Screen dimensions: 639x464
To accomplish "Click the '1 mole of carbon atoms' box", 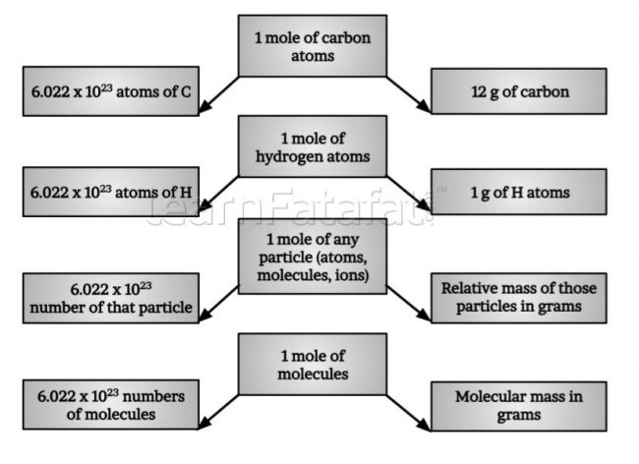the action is [313, 45].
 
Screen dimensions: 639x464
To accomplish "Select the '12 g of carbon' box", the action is [519, 91].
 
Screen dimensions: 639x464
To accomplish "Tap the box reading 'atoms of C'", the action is [111, 91].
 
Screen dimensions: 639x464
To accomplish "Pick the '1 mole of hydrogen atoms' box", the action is [313, 146].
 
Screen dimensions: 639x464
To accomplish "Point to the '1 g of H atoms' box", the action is [519, 192].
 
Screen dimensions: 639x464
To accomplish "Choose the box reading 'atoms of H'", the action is [111, 192].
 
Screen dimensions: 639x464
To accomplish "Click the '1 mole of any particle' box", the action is [313, 257].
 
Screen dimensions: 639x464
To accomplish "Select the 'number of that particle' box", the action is [111, 298].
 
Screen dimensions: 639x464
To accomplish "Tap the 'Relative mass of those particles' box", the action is [519, 298].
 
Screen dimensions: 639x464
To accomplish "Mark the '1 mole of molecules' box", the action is [313, 364].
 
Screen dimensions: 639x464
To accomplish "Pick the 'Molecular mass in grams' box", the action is [519, 406].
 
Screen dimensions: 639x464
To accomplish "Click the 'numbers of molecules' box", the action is [111, 404].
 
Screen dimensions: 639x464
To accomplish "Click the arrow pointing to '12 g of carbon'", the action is [409, 94].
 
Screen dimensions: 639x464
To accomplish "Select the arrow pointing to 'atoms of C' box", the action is [218, 94].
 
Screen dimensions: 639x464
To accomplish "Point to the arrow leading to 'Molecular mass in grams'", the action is [409, 413].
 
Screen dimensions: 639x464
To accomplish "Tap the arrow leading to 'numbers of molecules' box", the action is [218, 412].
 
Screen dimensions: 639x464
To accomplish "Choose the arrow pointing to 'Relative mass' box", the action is [409, 304].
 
